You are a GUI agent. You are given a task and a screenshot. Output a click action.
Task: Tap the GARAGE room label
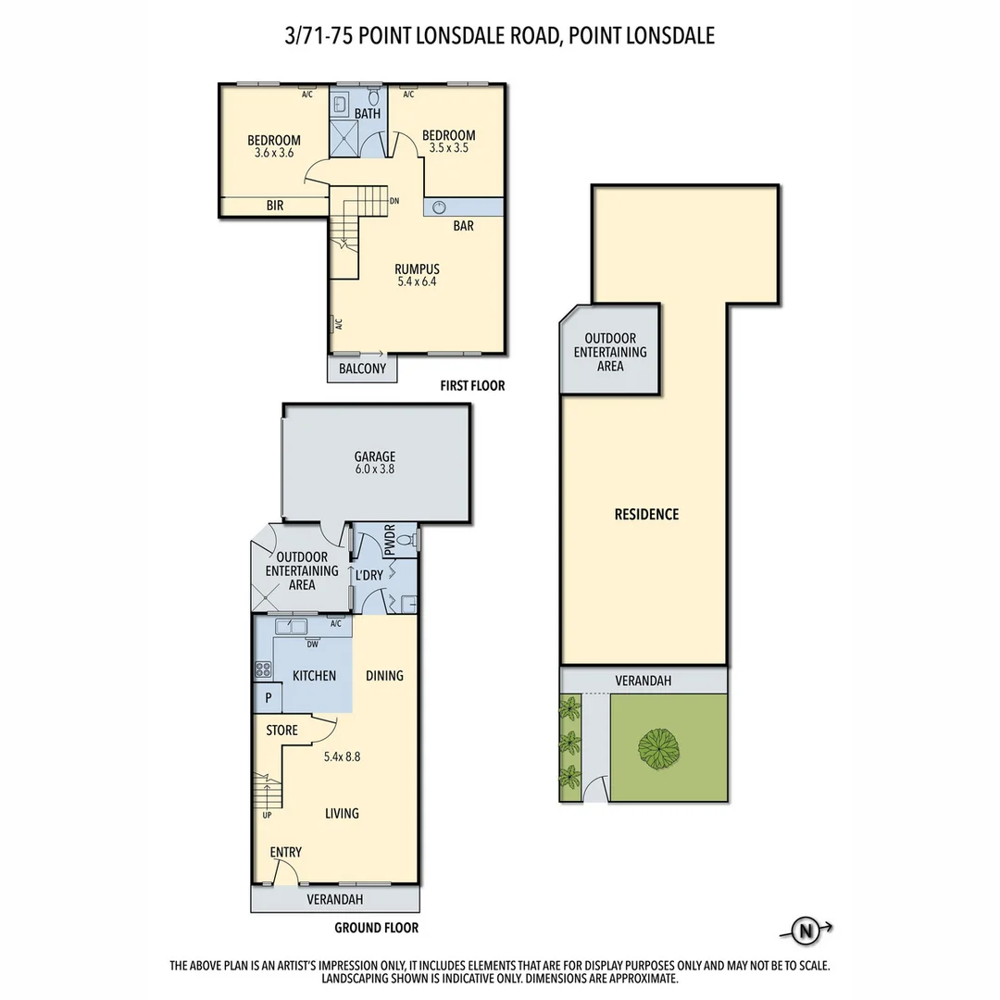point(375,456)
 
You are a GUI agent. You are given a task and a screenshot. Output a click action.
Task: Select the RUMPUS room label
point(417,269)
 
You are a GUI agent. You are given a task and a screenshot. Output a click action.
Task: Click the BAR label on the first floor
point(464,226)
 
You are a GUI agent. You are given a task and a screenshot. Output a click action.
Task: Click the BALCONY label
point(362,369)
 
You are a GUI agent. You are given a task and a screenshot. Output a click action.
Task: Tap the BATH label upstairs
point(368,114)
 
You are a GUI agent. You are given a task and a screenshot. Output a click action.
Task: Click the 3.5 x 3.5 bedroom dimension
point(448,148)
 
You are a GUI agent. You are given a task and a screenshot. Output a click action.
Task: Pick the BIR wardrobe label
point(275,206)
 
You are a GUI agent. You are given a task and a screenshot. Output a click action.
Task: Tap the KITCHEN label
point(315,676)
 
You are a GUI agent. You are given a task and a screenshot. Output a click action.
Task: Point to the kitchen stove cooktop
point(263,669)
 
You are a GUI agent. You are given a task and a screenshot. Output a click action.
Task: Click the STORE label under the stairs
point(282,731)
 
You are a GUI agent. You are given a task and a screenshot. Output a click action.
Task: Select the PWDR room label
point(389,541)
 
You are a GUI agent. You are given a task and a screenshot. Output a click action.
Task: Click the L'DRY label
point(369,575)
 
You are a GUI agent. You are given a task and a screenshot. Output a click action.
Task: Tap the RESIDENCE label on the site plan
point(646,514)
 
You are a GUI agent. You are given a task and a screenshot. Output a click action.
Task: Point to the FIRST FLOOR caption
point(472,386)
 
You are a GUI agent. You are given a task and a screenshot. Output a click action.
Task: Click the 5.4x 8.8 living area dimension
point(342,756)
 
